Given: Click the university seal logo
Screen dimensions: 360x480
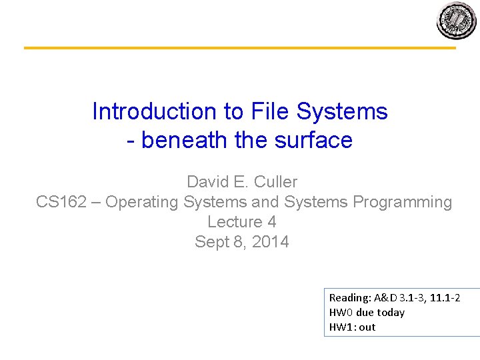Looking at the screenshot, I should click(x=457, y=21).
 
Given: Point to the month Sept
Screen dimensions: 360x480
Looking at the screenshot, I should click(x=211, y=242).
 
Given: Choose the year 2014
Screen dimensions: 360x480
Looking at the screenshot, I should click(x=271, y=242).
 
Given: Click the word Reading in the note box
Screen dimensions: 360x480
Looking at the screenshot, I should click(x=349, y=298).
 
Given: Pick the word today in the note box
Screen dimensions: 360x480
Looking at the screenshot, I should click(x=391, y=313).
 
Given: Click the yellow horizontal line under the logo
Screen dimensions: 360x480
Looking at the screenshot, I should click(x=240, y=48).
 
